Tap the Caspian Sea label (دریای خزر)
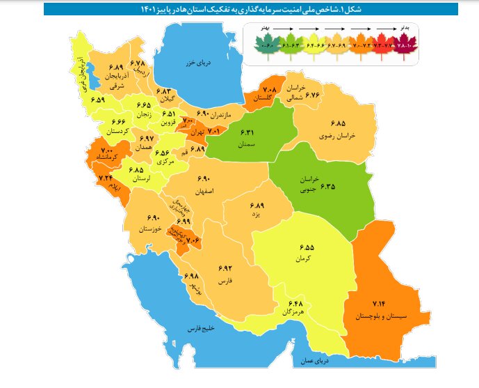tap(198, 63)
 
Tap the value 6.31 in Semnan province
tap(249, 133)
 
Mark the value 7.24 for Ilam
tap(106, 179)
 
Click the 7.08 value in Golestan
tap(270, 90)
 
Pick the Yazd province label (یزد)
tap(258, 216)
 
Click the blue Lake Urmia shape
tap(90, 75)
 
